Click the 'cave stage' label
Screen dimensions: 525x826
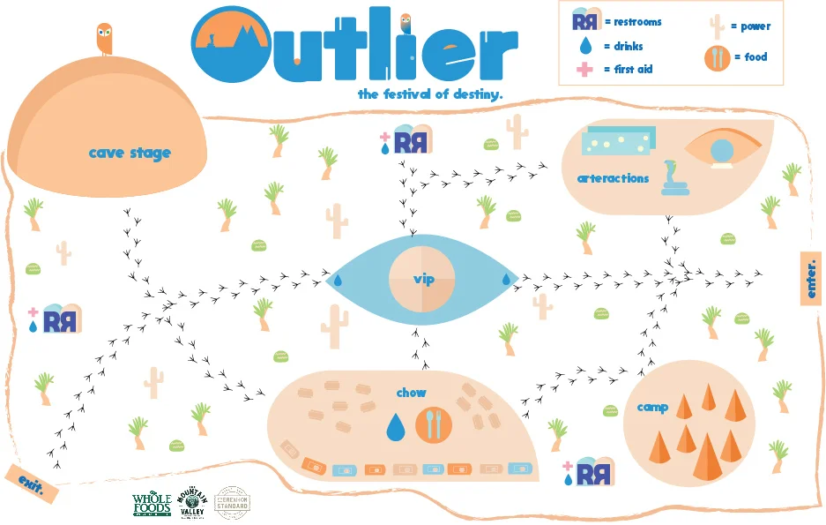coord(130,154)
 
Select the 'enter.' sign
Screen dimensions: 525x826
coord(811,279)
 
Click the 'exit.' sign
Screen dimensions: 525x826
coord(31,481)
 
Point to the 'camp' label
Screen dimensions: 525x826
coord(652,407)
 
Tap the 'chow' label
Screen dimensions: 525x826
coord(411,393)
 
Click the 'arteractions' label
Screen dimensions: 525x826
coord(613,178)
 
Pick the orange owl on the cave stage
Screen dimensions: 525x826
coord(104,39)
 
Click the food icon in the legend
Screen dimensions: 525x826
coord(718,58)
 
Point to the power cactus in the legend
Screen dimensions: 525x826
coord(718,26)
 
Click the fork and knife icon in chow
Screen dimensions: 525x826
coord(433,424)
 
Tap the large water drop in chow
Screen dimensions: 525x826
coord(397,427)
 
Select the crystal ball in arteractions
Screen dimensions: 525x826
coord(726,152)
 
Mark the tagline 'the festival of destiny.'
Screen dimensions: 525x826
coord(430,94)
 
